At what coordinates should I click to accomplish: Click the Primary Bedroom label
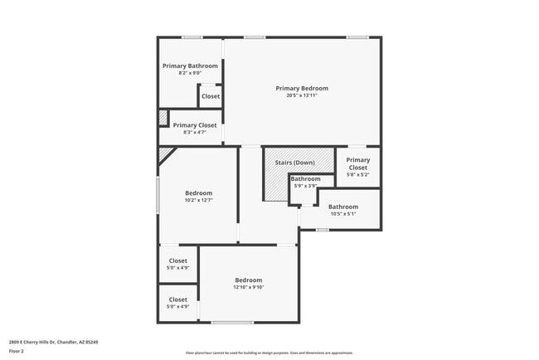tap(302, 88)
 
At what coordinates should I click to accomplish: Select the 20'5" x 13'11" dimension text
tap(302, 95)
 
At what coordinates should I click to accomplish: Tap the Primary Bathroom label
tap(190, 66)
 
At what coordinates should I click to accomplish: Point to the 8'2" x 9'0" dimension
tap(190, 73)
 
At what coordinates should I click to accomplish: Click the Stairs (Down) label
tap(294, 163)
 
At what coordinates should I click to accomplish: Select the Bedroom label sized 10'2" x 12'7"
tap(198, 193)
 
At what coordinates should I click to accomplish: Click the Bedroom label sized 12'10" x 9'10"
tap(248, 280)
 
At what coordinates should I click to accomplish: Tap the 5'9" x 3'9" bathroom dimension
tap(305, 186)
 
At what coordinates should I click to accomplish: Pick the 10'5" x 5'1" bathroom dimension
tap(343, 214)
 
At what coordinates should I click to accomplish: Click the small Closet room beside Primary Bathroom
tap(211, 96)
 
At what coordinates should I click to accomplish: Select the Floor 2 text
tap(17, 351)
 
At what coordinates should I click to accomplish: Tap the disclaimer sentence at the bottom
tap(269, 353)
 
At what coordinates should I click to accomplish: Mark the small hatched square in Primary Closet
tap(163, 117)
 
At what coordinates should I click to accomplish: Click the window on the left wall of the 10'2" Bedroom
tap(158, 196)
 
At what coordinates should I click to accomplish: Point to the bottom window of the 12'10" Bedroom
tap(233, 322)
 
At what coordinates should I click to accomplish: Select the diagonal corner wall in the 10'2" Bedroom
tap(168, 154)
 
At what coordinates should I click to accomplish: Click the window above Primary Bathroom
tap(192, 36)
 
